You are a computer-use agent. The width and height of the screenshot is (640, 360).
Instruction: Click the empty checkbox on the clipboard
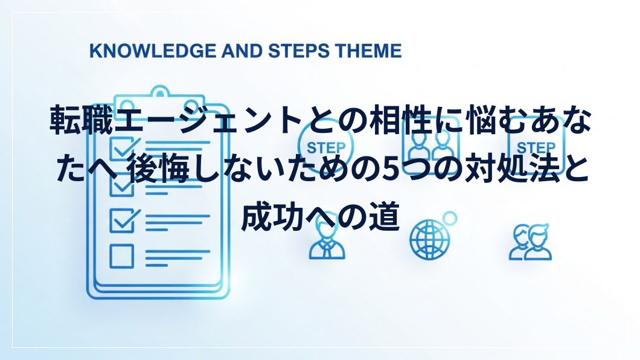click(121, 256)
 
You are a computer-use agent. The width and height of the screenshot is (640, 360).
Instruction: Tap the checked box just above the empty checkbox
click(124, 221)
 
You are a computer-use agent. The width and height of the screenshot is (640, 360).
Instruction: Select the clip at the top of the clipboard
click(159, 96)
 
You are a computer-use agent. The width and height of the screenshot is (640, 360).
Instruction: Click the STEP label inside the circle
click(325, 148)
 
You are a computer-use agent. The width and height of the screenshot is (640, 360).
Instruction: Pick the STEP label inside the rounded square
click(536, 148)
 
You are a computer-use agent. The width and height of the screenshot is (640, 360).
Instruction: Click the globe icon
click(429, 239)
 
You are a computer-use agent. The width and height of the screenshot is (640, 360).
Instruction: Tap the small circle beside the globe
click(450, 219)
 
